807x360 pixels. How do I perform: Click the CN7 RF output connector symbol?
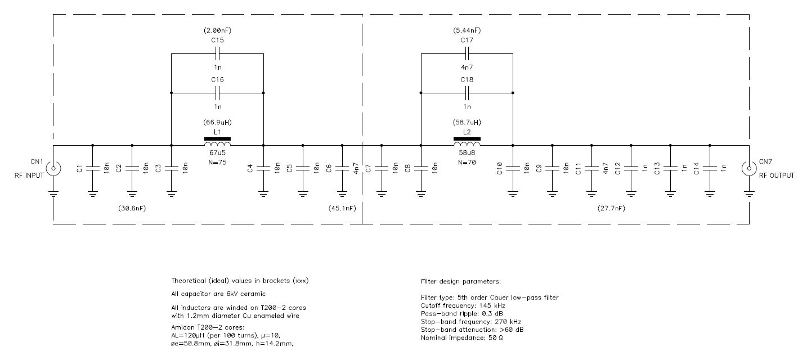(x=748, y=168)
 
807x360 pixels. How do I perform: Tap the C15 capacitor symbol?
(x=217, y=53)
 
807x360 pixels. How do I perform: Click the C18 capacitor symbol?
(x=467, y=93)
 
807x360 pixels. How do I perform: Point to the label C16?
(x=217, y=79)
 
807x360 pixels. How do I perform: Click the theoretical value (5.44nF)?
(x=467, y=30)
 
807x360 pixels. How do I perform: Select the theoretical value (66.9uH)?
(x=217, y=123)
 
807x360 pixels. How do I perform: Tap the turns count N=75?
(x=217, y=163)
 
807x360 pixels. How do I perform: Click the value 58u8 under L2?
(x=467, y=152)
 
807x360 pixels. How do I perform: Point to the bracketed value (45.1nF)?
(x=342, y=209)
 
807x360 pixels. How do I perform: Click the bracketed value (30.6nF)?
(x=132, y=209)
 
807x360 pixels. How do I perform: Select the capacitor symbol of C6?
(x=342, y=168)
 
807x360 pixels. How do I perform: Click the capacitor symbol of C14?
(x=710, y=168)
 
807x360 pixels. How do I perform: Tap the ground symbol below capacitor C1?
(x=93, y=194)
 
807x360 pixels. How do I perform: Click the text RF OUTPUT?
(x=777, y=175)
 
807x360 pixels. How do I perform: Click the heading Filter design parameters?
(x=461, y=281)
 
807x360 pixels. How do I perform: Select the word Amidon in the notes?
(x=183, y=327)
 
